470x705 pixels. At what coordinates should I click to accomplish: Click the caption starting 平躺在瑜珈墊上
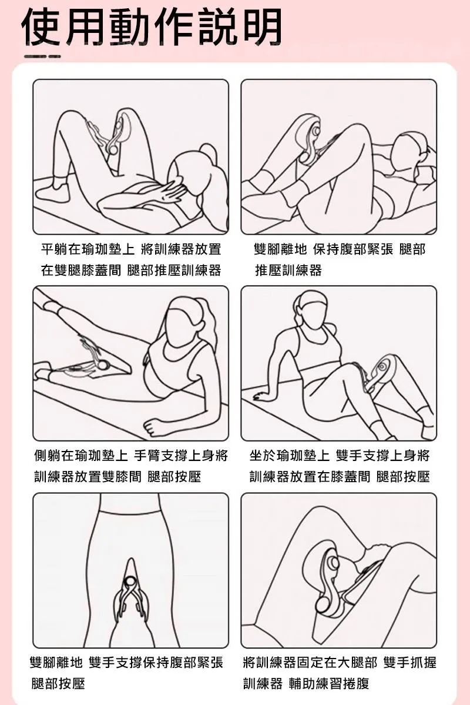pos(130,259)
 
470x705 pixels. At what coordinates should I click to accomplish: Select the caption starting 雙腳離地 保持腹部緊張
pos(339,259)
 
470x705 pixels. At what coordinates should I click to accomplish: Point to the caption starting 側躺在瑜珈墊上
pos(130,465)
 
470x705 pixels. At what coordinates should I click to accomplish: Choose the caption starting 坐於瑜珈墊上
pos(339,465)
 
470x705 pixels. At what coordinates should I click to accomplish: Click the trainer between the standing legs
pos(130,594)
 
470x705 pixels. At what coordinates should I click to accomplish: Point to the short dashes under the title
pos(42,56)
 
